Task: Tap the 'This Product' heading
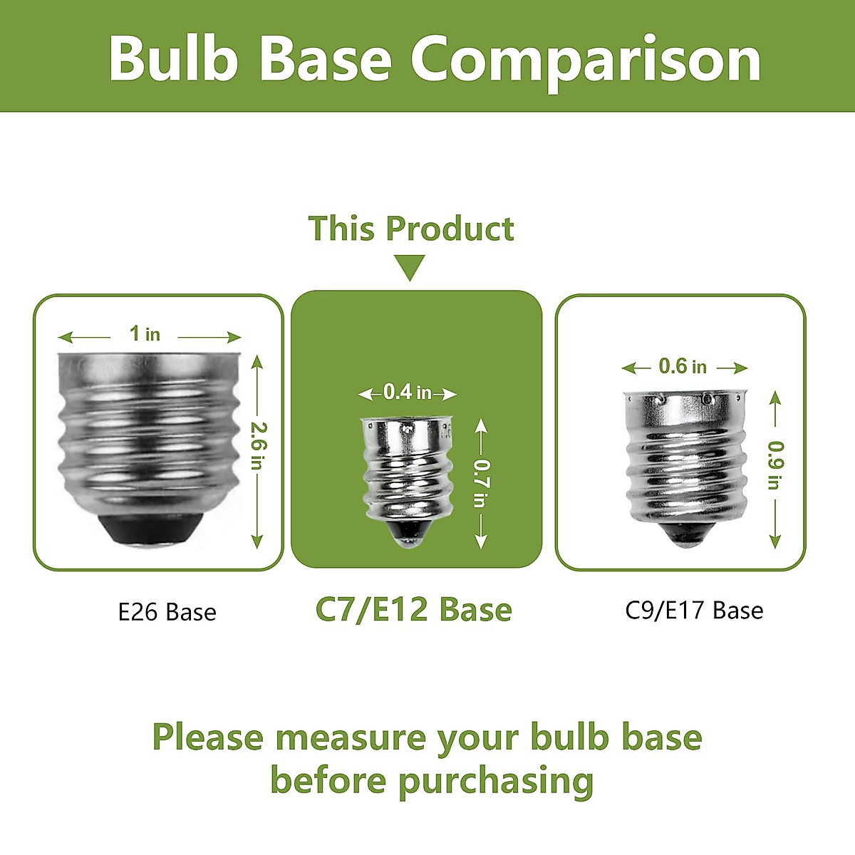[x=411, y=229]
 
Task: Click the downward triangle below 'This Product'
[x=410, y=268]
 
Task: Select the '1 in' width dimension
[x=145, y=333]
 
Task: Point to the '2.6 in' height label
[x=258, y=445]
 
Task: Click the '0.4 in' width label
[x=408, y=392]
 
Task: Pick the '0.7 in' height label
[x=482, y=483]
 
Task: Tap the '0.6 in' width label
[x=683, y=366]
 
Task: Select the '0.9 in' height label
[x=776, y=465]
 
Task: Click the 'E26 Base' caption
[x=167, y=612]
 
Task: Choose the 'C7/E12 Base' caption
[x=413, y=610]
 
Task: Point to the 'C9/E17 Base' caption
[x=695, y=610]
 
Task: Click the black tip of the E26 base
[x=150, y=530]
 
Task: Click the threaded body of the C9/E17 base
[x=685, y=457]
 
